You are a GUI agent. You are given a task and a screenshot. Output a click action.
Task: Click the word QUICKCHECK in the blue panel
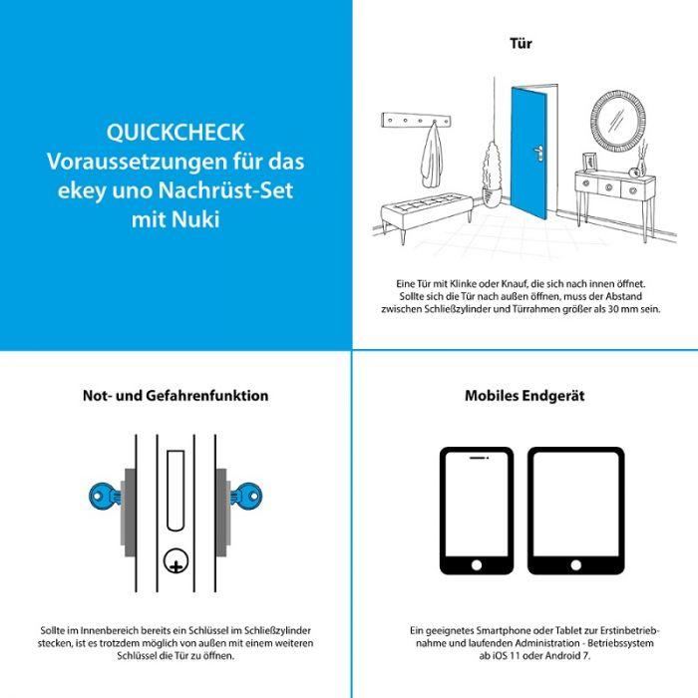[174, 133]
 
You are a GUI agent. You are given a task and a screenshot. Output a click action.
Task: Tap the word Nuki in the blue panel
[194, 217]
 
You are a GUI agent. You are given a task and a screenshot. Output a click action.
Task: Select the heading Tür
[521, 44]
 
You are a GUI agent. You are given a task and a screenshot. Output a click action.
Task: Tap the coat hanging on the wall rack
[431, 157]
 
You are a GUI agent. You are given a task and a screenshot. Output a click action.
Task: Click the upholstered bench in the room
[427, 210]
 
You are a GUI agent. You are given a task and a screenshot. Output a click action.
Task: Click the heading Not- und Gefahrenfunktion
[174, 396]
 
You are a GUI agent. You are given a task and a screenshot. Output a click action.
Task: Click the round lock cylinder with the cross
[175, 565]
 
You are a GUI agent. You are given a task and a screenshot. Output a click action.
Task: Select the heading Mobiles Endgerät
[524, 396]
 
